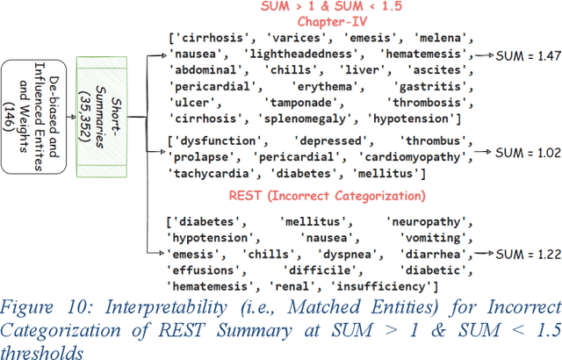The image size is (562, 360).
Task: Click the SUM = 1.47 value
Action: (527, 55)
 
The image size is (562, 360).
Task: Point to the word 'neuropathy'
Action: (427, 222)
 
